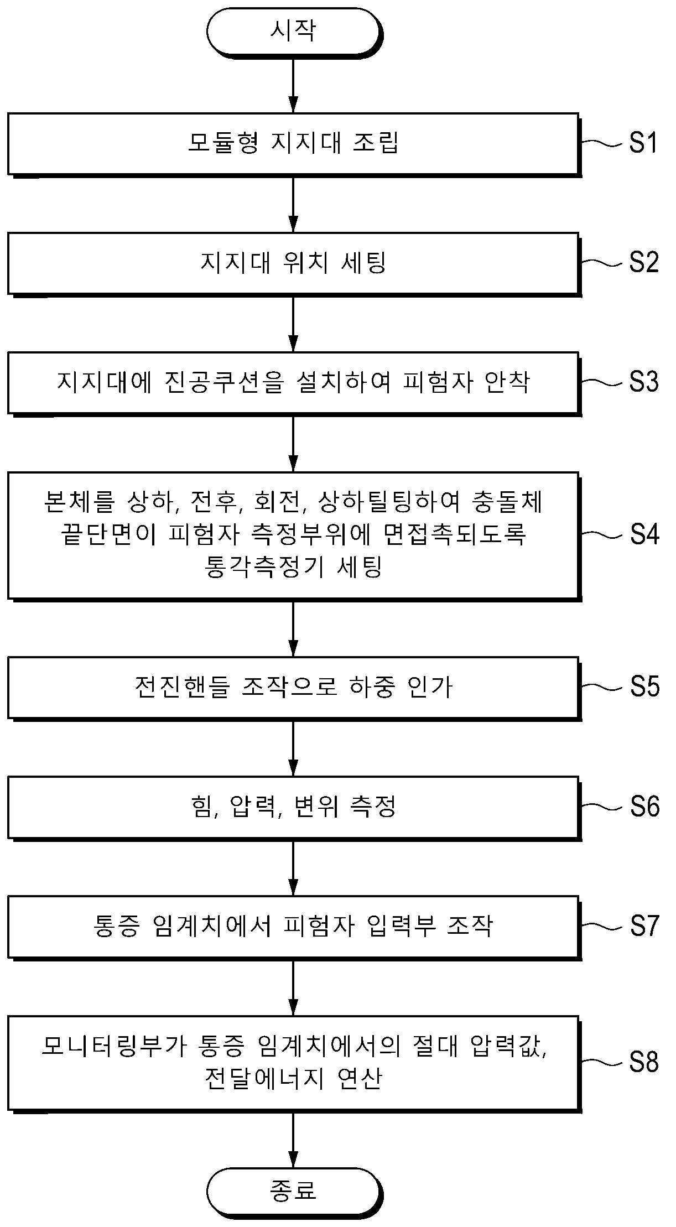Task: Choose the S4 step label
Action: [644, 535]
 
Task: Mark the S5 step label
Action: [644, 687]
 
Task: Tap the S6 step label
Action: [644, 807]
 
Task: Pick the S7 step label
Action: [644, 926]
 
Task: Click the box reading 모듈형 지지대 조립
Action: [294, 144]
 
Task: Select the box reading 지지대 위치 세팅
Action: [294, 263]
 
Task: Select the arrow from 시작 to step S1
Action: [294, 85]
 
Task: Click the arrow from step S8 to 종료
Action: [294, 1140]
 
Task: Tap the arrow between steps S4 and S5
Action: [294, 628]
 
